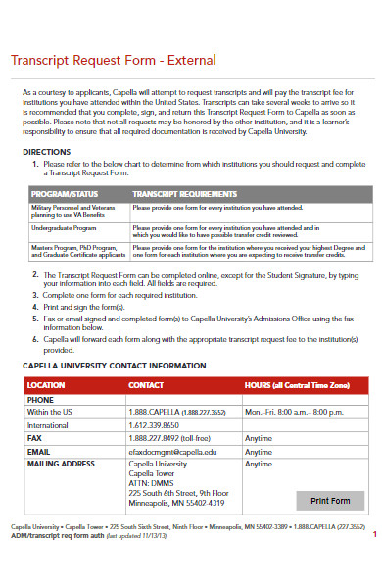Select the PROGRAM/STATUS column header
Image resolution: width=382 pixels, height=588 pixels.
(64, 194)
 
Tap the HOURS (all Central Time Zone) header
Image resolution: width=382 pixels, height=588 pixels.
(296, 385)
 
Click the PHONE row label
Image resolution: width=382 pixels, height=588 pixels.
(41, 400)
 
